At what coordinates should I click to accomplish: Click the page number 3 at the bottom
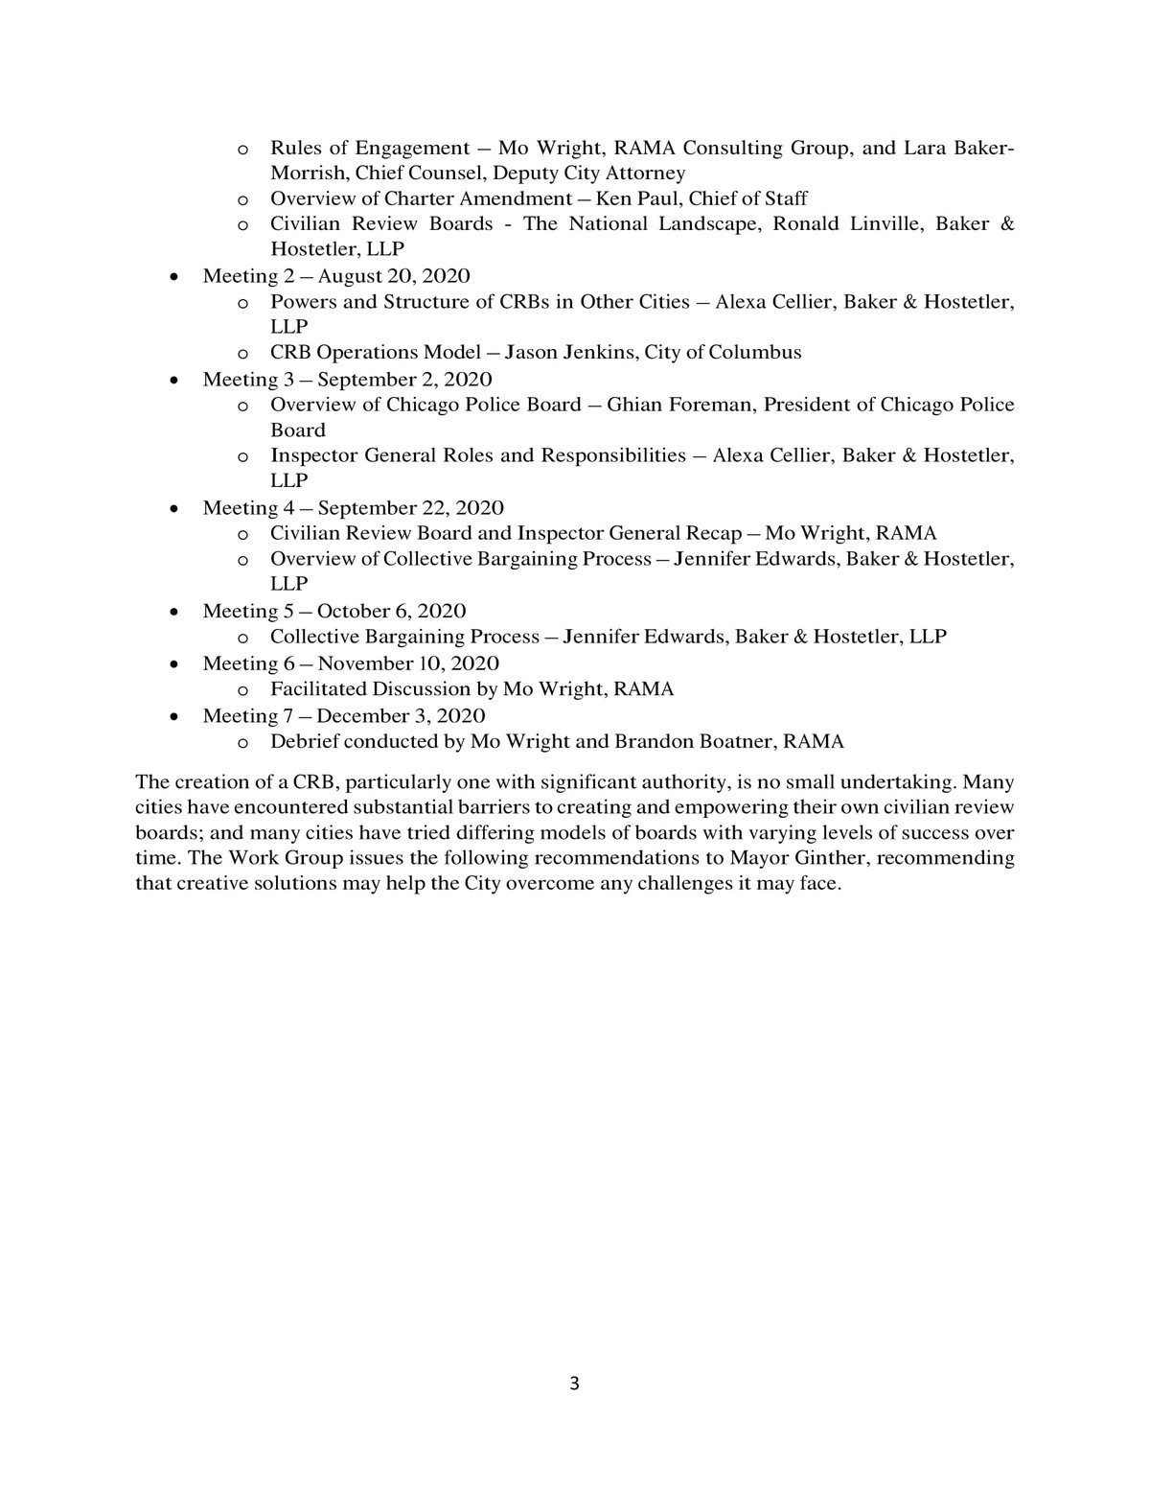coord(574,1383)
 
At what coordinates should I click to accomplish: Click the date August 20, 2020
coord(394,276)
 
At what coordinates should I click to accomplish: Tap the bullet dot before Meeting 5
coord(173,612)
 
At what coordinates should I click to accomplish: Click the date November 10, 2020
coord(408,663)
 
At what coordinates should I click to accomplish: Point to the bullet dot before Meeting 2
coord(173,277)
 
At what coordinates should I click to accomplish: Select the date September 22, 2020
coord(410,508)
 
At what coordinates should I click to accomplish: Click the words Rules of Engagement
coord(370,148)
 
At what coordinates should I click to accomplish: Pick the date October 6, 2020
coord(391,612)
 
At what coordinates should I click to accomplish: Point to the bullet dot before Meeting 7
coord(173,717)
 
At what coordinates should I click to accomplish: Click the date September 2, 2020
coord(404,379)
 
